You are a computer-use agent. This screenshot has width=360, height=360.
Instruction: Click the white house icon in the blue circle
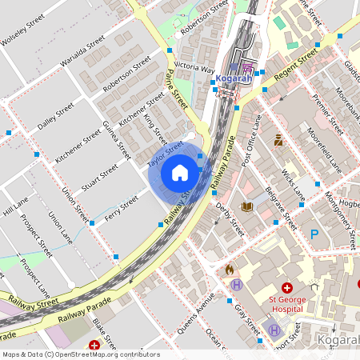point(179,173)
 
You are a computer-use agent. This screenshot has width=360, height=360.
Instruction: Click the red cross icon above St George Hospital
point(286,288)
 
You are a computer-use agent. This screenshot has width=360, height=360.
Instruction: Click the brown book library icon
point(246,207)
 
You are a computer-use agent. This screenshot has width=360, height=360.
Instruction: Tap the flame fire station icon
point(229,270)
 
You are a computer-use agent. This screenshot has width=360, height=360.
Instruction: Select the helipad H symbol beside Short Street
point(274,329)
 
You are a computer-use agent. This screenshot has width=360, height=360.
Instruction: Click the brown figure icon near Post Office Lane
point(278,140)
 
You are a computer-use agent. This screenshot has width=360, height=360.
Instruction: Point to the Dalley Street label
point(55,116)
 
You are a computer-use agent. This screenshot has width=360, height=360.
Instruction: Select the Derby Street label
point(230,218)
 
